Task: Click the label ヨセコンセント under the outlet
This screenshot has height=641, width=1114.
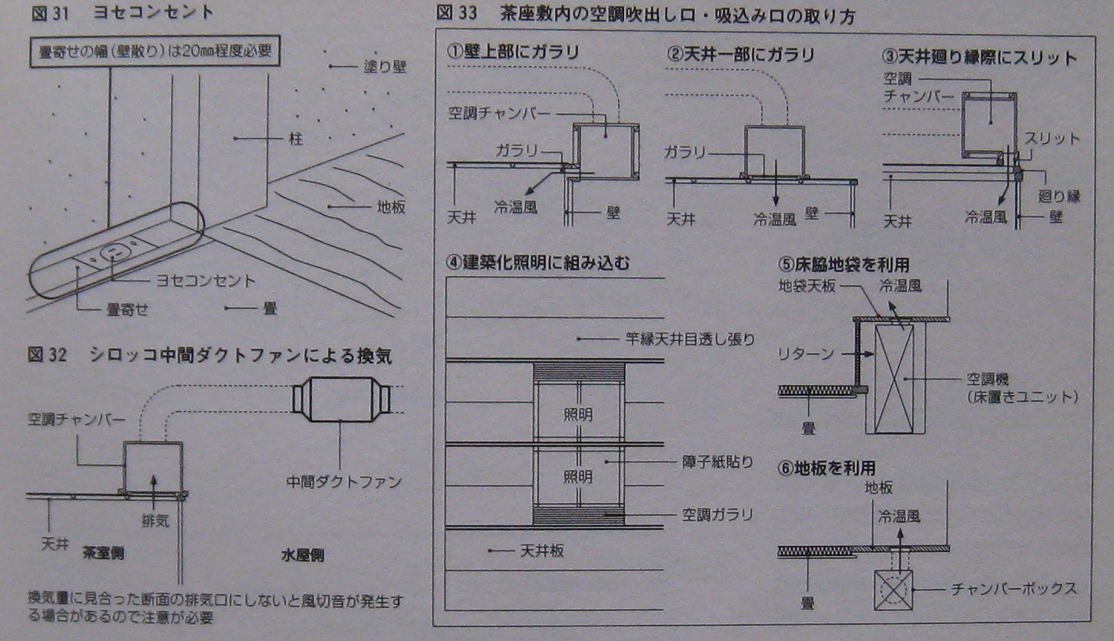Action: (205, 281)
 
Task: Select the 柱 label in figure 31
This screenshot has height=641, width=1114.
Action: (296, 139)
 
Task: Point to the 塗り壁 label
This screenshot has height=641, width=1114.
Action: (384, 67)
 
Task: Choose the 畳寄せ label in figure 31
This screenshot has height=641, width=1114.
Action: (127, 309)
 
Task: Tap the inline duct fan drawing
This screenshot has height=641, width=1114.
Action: (341, 399)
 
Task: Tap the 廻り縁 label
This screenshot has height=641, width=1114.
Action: (1059, 196)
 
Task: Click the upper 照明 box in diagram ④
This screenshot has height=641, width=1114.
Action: (578, 415)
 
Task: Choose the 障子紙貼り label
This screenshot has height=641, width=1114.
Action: (717, 462)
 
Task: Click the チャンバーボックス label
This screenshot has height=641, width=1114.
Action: (1014, 589)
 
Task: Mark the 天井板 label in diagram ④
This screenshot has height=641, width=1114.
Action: (542, 551)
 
